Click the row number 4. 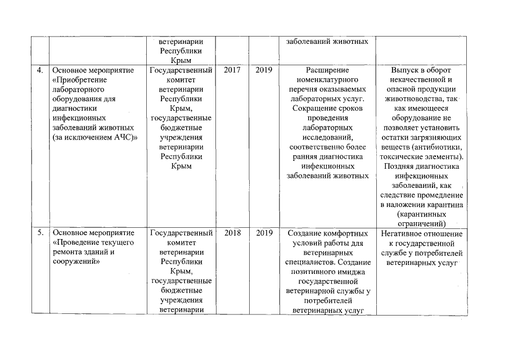[x=39, y=71]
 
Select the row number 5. [x=39, y=233]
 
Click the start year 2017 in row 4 [x=232, y=71]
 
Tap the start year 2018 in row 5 [x=232, y=233]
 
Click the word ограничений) [x=421, y=224]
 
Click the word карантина [x=443, y=205]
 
